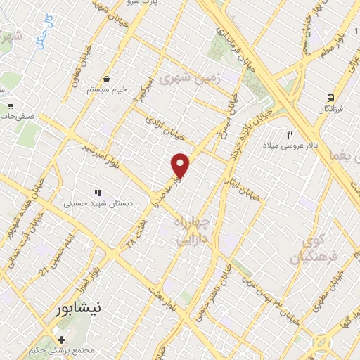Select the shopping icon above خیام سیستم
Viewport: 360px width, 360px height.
pyautogui.click(x=106, y=79)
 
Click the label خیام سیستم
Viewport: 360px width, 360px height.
pyautogui.click(x=106, y=90)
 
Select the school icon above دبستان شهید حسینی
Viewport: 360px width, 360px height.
pyautogui.click(x=98, y=192)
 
